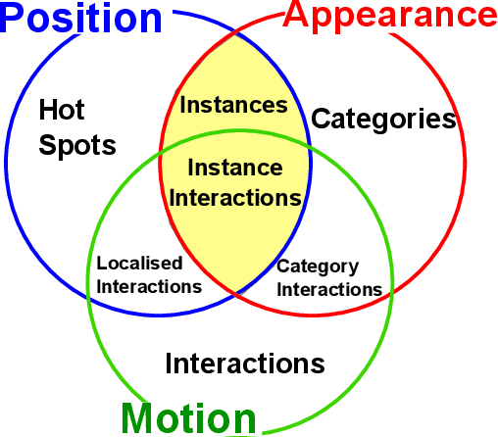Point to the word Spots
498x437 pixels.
point(77,146)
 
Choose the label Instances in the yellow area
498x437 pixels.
point(234,105)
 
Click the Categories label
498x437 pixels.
point(383,121)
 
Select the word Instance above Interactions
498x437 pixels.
point(234,168)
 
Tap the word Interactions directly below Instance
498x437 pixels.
point(235,197)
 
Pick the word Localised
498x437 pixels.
point(140,264)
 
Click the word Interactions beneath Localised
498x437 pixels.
point(149,286)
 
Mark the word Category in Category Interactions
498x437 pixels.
point(318,267)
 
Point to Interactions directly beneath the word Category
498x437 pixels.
point(328,289)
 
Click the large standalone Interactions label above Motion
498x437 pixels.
point(244,364)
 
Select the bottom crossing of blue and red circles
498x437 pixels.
point(235,294)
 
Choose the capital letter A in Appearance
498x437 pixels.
point(297,16)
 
